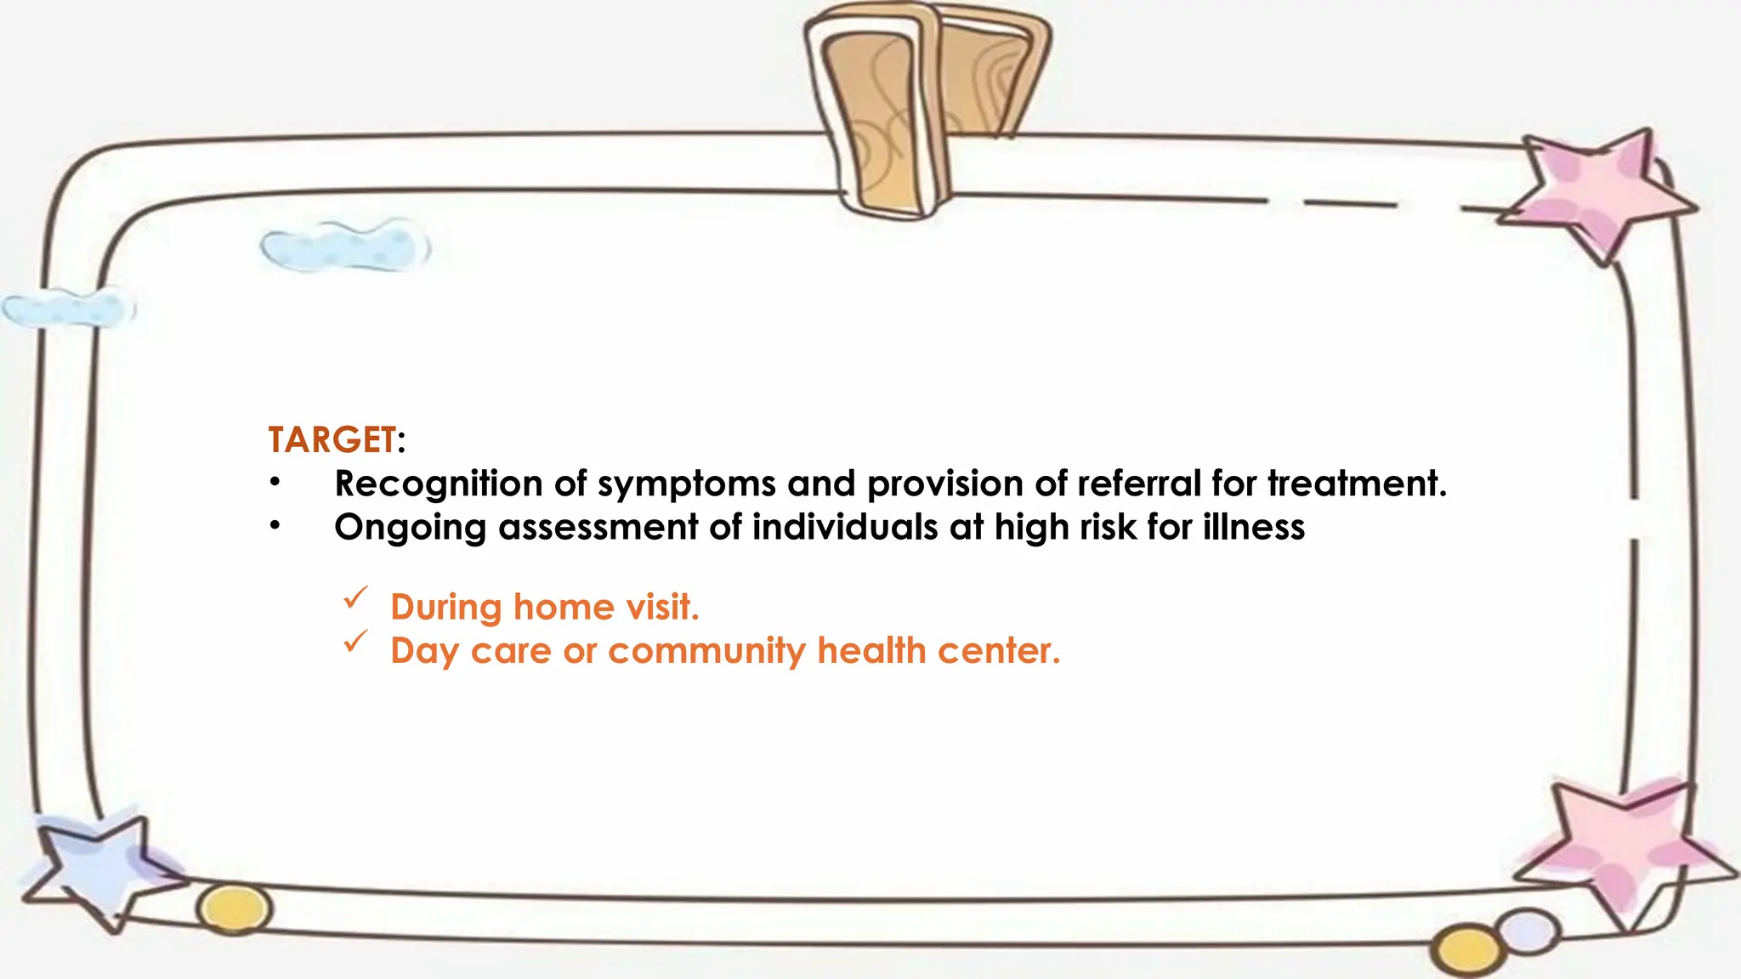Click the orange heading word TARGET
coord(332,440)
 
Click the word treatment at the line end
coord(1355,484)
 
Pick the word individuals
coord(844,527)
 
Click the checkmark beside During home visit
coord(355,598)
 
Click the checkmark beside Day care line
coord(355,642)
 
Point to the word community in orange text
coord(706,652)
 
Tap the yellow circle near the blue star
coord(235,909)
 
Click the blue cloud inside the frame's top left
coord(344,247)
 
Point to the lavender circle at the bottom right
coord(1528,931)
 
